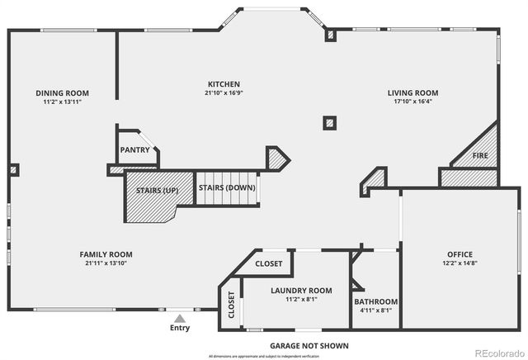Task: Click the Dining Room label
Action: (x=62, y=93)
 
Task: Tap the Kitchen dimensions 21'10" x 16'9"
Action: (x=224, y=94)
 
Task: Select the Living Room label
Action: (x=412, y=93)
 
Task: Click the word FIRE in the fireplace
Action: (x=479, y=155)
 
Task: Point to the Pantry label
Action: (x=134, y=150)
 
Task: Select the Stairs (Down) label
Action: (x=227, y=187)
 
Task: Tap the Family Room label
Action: (x=106, y=254)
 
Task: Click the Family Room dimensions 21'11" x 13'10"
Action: (x=106, y=263)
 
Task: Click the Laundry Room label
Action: (x=301, y=291)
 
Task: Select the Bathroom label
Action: (x=376, y=302)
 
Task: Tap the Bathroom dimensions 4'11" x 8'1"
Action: (x=376, y=311)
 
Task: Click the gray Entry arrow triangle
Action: (x=179, y=317)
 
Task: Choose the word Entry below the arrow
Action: (x=179, y=328)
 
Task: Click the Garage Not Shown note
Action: (x=309, y=345)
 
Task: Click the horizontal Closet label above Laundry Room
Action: (x=268, y=264)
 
